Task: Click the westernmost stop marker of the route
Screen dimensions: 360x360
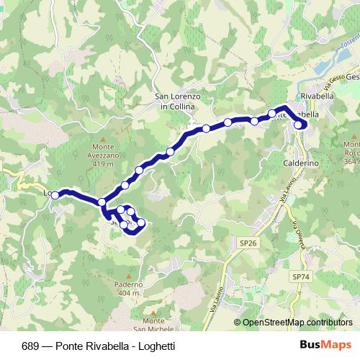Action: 55,194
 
